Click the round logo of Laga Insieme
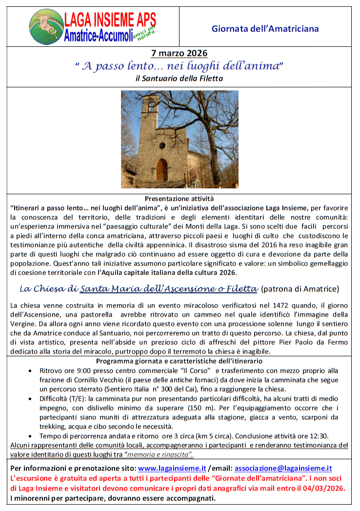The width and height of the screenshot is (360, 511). tap(46, 27)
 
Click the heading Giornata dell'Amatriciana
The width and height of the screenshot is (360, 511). tap(265, 29)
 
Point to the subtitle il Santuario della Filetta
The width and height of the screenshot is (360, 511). tap(179, 78)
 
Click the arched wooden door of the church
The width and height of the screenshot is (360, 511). tap(161, 170)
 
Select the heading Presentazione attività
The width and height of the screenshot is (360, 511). tap(179, 199)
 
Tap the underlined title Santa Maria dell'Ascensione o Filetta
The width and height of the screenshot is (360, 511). tap(169, 289)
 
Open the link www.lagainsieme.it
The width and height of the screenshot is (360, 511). tap(171, 468)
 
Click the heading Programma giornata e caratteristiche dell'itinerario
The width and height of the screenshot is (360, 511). tap(179, 361)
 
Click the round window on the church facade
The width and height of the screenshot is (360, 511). tap(162, 145)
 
